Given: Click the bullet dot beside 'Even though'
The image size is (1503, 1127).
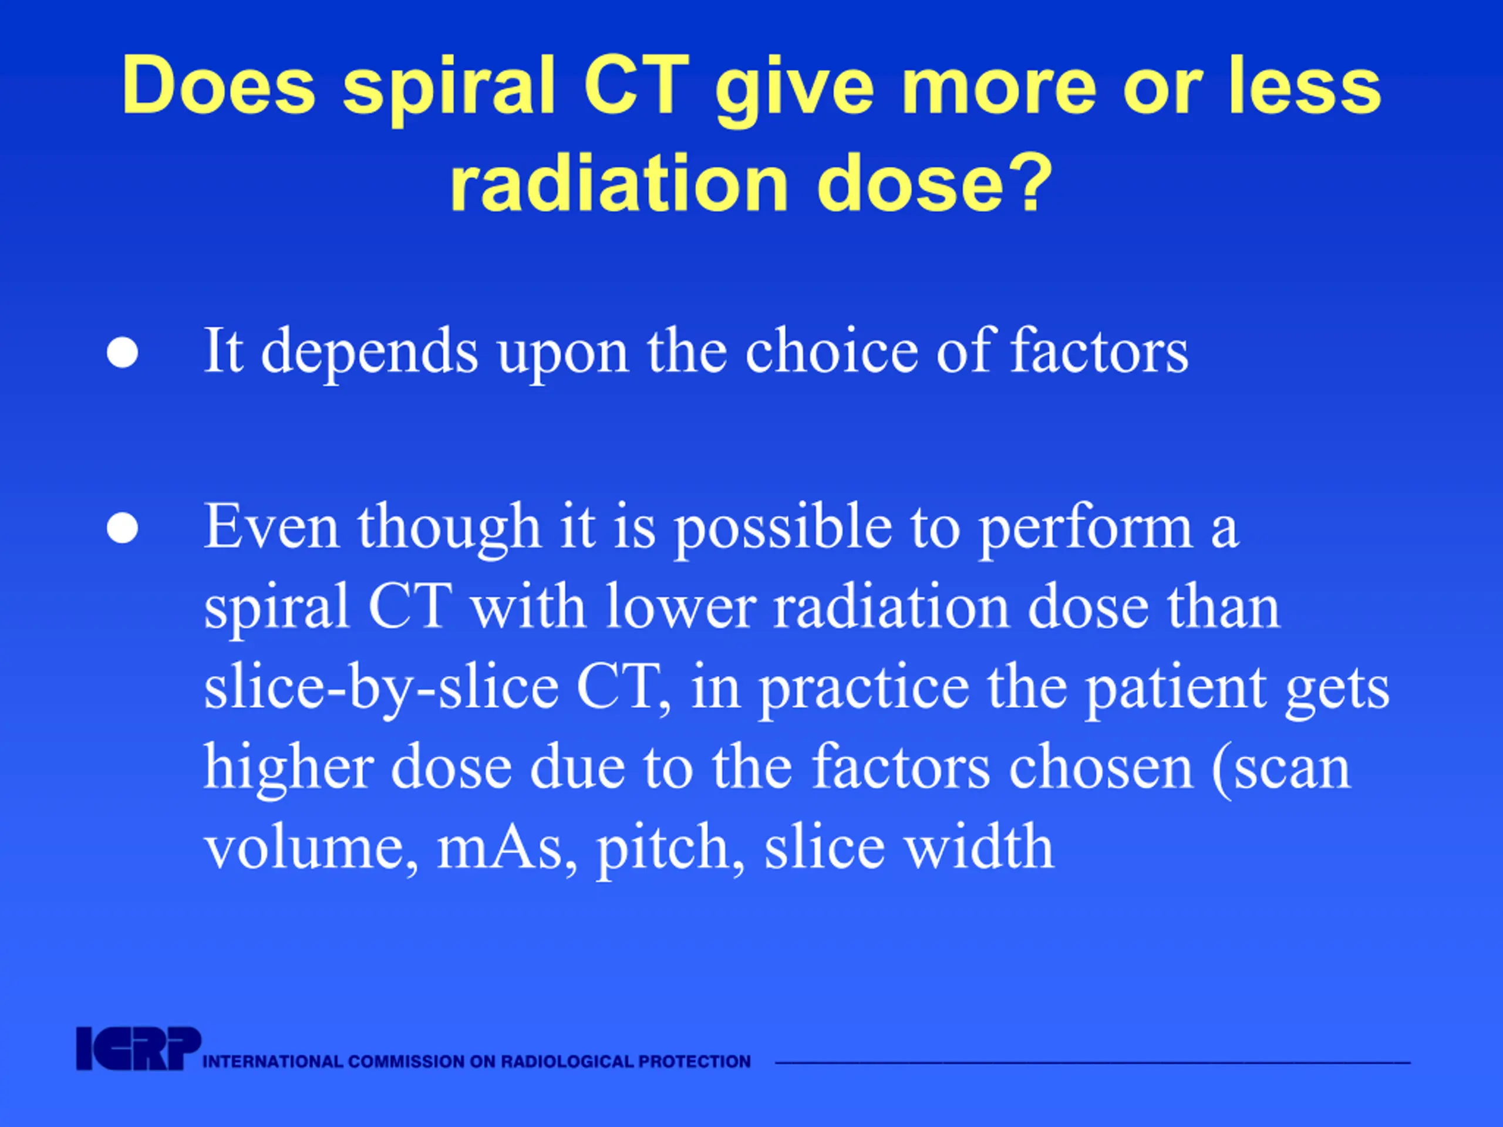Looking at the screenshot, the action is point(122,528).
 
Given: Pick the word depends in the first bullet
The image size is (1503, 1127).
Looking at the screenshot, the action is point(370,353).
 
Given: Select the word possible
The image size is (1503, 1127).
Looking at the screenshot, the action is point(783,528).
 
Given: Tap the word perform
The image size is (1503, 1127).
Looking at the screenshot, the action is point(1086,528).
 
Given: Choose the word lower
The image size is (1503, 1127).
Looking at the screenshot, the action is point(681,606).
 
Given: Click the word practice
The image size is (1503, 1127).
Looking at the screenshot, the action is point(864,688).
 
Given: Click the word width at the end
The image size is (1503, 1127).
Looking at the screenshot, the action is point(979,846).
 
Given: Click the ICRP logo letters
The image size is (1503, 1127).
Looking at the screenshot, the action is point(139,1049).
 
